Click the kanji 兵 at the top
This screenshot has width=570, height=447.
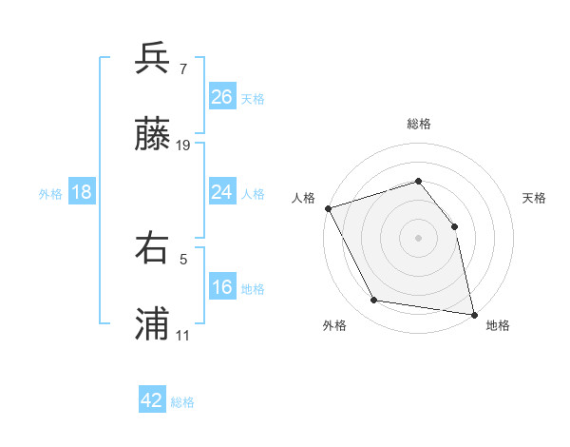tap(152, 59)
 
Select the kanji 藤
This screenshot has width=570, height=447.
tap(152, 136)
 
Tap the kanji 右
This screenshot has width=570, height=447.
tap(152, 248)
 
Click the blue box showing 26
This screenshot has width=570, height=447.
tap(222, 97)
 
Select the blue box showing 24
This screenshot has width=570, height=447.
tap(222, 192)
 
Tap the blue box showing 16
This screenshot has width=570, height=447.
tap(222, 287)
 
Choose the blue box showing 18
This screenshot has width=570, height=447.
tap(82, 192)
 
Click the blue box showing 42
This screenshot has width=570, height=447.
tap(152, 400)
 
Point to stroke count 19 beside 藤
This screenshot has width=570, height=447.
tap(183, 146)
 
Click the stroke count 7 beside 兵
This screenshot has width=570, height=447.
tap(182, 68)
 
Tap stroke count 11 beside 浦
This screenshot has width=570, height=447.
tap(183, 335)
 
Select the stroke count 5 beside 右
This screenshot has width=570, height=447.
tap(182, 258)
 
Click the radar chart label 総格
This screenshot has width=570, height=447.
tap(419, 124)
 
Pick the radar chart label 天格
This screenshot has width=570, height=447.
tap(534, 198)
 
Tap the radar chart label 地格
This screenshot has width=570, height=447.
tap(498, 325)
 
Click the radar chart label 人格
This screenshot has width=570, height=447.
tap(304, 198)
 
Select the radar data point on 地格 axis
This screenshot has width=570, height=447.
tap(474, 314)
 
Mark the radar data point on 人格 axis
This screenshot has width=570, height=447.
tap(328, 208)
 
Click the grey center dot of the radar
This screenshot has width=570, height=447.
tap(419, 238)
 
